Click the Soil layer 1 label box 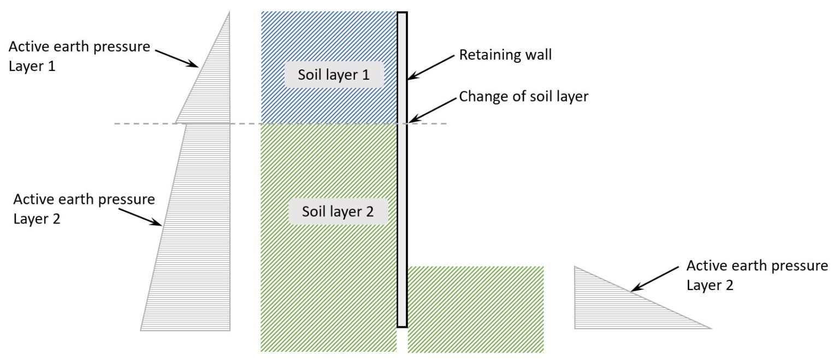tap(334, 75)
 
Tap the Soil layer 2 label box tap(338, 211)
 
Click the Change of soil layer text tap(523, 96)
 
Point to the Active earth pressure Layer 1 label tap(79, 56)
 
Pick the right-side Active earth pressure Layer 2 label tap(757, 275)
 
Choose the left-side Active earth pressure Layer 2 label tap(84, 209)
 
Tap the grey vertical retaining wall tap(402, 169)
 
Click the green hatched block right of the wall tap(476, 309)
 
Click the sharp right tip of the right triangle tap(710, 328)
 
